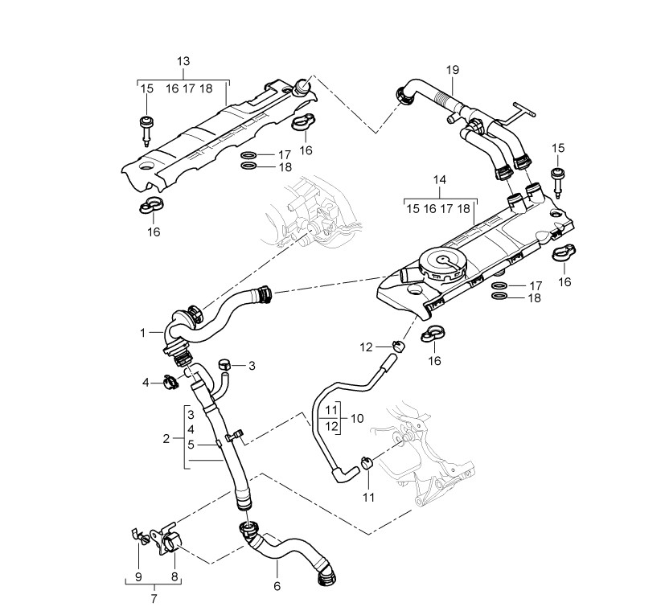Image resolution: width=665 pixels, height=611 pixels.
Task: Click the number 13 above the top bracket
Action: pos(183,62)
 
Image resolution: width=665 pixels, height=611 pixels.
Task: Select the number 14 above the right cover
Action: pos(438,182)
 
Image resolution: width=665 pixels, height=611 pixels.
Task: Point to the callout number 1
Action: pos(142,331)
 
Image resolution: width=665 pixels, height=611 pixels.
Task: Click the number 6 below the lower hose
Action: pos(277,586)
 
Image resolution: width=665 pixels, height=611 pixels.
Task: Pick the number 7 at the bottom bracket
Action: pos(154,597)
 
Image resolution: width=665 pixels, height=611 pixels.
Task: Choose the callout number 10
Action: pos(357,418)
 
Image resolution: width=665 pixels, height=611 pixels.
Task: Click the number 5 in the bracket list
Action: pos(191,445)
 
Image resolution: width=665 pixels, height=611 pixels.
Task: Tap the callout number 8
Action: pos(174,576)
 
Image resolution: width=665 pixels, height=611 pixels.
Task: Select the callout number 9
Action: pos(138,576)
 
